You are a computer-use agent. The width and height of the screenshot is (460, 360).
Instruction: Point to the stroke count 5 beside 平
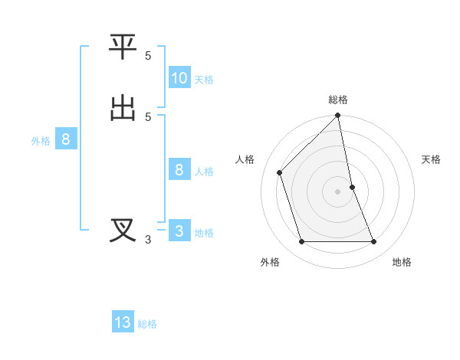point(148,56)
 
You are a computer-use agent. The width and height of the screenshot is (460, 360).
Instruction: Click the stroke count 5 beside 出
point(148,116)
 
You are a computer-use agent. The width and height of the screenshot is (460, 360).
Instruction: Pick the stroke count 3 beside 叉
point(148,240)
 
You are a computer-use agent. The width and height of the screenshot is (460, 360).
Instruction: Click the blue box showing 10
point(179,78)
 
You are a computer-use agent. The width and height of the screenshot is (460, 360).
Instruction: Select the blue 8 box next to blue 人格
point(179,170)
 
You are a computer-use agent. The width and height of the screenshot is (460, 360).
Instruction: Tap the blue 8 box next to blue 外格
point(66,139)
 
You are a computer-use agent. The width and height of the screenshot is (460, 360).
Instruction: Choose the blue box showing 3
point(179,231)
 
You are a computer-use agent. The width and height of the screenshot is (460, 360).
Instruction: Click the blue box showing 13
point(123,322)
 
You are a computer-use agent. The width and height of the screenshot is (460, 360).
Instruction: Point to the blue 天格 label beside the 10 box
point(204,80)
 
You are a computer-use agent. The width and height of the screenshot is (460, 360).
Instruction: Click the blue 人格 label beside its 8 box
point(204,172)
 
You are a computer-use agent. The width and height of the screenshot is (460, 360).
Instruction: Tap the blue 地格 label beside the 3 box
point(204,233)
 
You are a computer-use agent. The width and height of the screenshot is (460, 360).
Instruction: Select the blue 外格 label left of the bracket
point(41,141)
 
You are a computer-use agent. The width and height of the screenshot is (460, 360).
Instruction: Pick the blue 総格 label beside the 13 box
point(147,324)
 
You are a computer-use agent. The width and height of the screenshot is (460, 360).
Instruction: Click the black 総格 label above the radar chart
point(338,100)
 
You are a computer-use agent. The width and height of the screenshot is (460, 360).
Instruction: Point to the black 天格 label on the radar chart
point(431,159)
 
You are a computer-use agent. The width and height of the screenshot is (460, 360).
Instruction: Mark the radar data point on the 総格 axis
point(338,116)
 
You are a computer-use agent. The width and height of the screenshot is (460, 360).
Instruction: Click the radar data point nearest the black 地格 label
point(374,242)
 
